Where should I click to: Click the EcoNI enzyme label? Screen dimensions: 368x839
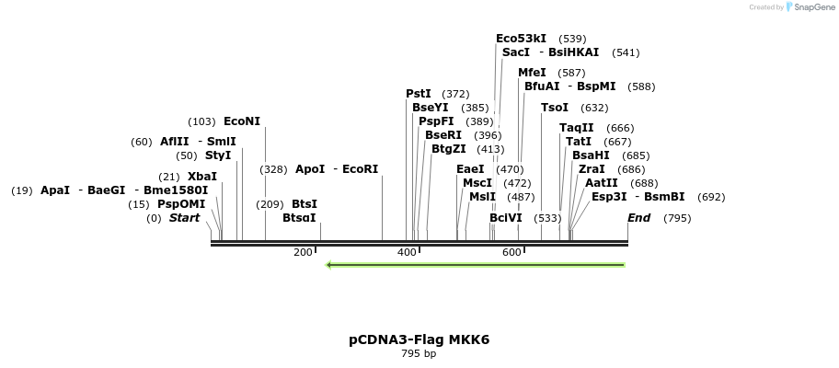click(242, 121)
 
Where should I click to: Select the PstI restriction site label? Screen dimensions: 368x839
click(419, 94)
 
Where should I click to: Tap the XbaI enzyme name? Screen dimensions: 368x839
click(202, 177)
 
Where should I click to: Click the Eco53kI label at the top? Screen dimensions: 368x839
click(521, 39)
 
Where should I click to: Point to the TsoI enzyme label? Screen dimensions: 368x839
click(555, 108)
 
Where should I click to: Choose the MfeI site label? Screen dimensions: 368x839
click(532, 73)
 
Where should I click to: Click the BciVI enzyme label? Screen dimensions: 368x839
click(506, 218)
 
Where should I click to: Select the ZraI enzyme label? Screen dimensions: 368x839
click(592, 169)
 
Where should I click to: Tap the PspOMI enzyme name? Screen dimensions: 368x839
click(181, 204)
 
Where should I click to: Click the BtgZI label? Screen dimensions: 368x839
click(449, 149)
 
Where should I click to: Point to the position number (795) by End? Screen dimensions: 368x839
click(677, 218)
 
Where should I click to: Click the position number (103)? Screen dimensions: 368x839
click(201, 121)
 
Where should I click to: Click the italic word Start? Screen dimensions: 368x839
click(185, 218)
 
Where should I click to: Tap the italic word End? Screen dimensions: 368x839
click(639, 218)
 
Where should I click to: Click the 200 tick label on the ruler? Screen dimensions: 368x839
click(303, 252)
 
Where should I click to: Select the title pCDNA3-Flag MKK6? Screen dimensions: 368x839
click(419, 339)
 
